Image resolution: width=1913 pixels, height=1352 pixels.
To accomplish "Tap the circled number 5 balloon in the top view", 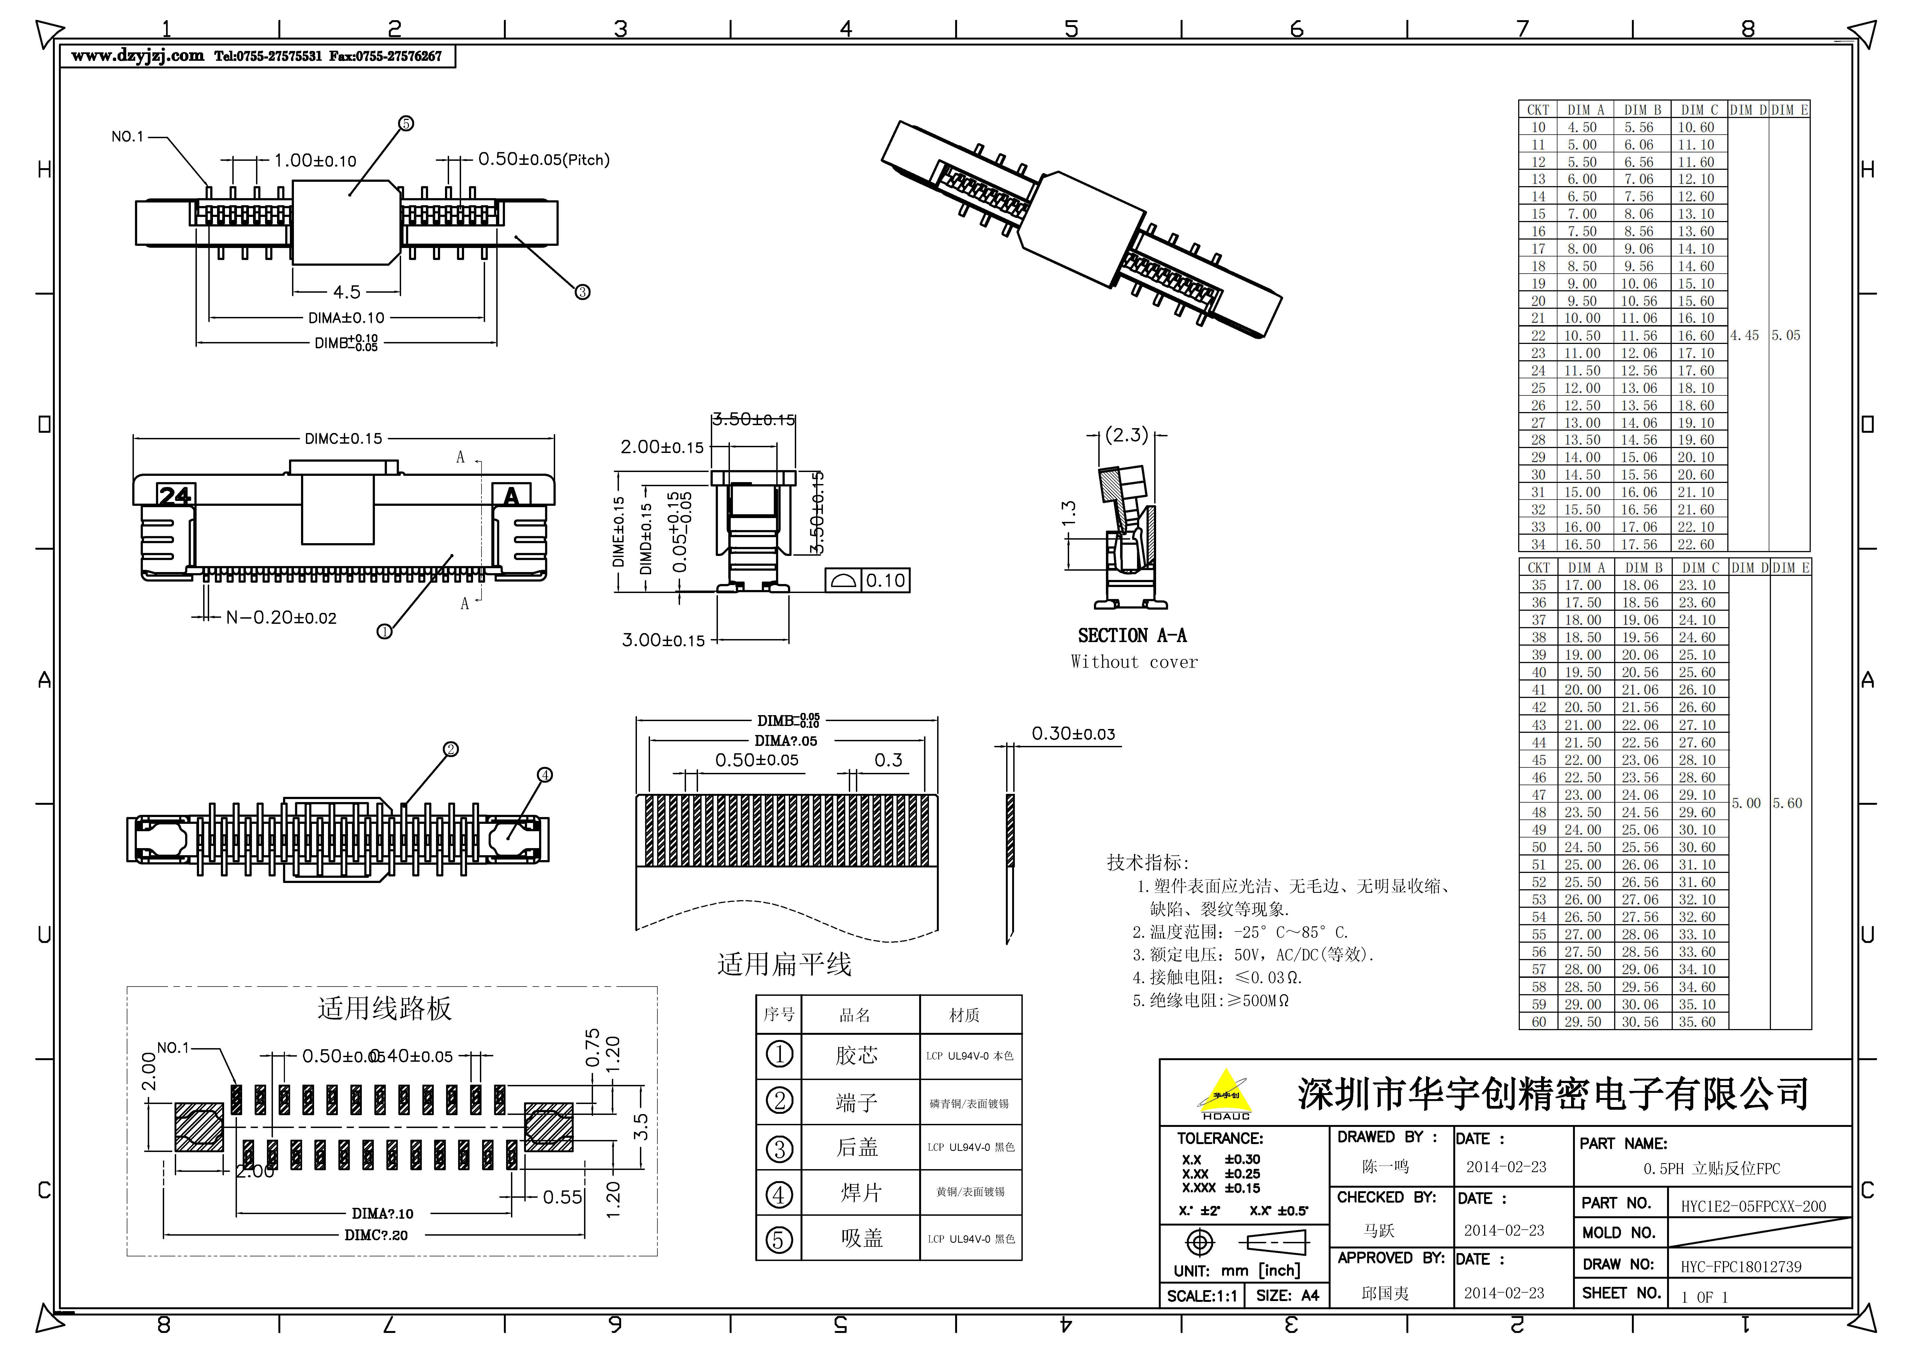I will pos(406,123).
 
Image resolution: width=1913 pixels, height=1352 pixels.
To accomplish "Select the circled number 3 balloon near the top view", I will pos(582,292).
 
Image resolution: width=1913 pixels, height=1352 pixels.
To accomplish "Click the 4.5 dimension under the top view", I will pos(347,292).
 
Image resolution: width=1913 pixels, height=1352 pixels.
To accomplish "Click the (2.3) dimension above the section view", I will pos(1126,435).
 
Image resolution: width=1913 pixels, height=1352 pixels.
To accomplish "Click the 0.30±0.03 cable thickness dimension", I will pos(1073,734).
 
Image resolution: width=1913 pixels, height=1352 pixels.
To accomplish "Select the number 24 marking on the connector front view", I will pos(175,496).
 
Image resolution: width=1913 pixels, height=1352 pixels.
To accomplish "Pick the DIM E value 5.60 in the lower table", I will pos(1787,803).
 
